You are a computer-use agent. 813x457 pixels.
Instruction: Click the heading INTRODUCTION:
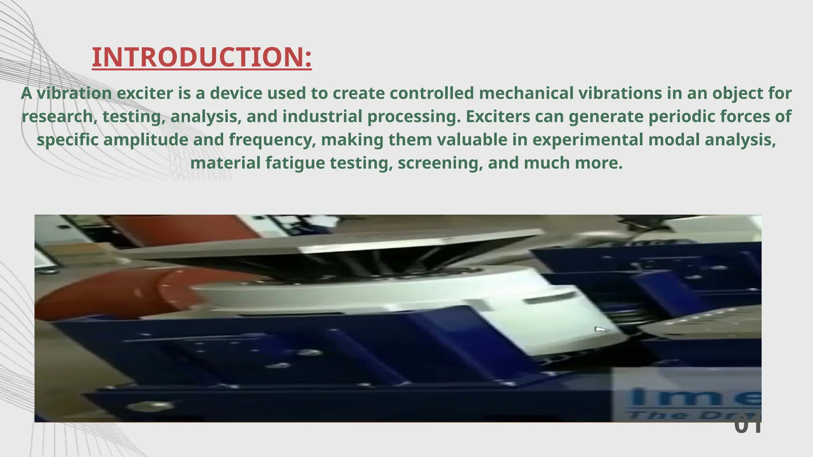click(202, 57)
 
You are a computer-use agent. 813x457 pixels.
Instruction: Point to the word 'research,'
click(59, 117)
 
